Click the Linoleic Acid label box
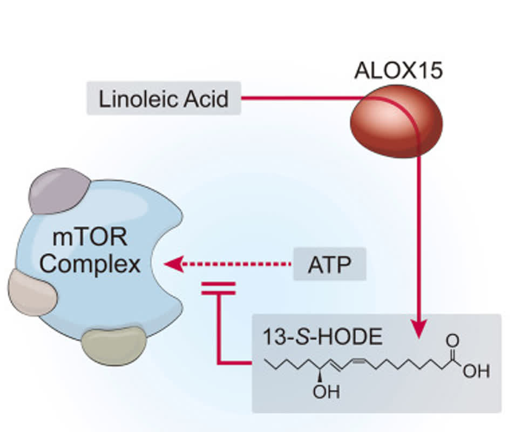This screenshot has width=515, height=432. tap(164, 98)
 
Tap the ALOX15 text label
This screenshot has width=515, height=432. tap(398, 70)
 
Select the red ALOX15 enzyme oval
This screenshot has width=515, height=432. tap(396, 121)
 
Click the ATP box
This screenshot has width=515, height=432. tap(329, 264)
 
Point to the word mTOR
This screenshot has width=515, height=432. tap(90, 238)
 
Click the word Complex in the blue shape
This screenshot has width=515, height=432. tap(90, 265)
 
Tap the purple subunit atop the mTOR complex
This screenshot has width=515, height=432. tap(59, 191)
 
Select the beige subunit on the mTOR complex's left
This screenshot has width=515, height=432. tap(32, 292)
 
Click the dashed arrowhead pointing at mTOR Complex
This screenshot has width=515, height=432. tap(173, 264)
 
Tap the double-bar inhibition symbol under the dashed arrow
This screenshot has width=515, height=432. tap(219, 288)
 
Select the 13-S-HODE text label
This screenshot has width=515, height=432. tap(322, 337)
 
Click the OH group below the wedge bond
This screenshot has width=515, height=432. tap(326, 392)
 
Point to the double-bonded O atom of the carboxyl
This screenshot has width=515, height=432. tap(452, 341)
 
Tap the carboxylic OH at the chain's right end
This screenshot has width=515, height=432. tap(476, 371)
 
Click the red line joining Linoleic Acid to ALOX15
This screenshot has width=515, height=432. tap(302, 98)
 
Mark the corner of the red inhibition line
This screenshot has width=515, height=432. tap(219, 363)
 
